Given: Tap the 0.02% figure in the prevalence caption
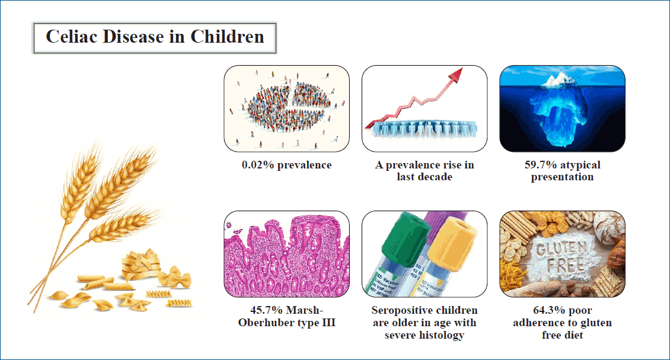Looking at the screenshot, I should pos(258,165).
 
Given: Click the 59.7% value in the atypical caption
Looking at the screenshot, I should pos(537,165).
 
